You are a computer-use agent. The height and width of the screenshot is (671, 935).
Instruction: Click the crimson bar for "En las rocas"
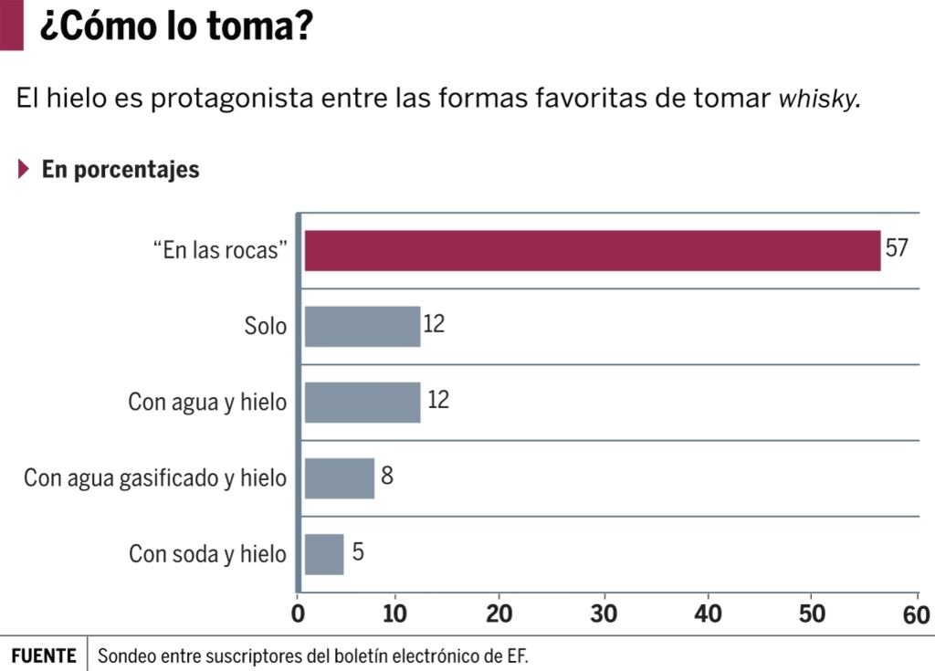click(x=592, y=251)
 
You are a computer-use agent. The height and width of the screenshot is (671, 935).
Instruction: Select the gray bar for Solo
click(x=362, y=326)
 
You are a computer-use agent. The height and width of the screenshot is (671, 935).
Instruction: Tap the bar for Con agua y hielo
click(x=362, y=402)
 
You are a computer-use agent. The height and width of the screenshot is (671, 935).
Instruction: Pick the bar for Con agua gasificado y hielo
click(x=339, y=477)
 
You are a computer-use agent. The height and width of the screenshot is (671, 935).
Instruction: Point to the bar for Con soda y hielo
click(x=324, y=554)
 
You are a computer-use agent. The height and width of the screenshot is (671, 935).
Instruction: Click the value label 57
click(x=897, y=247)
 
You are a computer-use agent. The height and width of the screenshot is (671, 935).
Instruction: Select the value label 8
click(x=387, y=476)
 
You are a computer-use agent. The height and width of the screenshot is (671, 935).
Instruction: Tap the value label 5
click(x=358, y=552)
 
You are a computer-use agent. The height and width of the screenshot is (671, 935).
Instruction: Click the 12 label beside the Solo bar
click(x=434, y=324)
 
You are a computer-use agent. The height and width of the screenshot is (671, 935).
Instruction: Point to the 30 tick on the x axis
click(x=604, y=614)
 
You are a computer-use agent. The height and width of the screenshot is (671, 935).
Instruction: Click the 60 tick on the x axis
click(x=916, y=614)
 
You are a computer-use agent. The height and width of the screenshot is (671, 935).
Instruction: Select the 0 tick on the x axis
click(x=299, y=614)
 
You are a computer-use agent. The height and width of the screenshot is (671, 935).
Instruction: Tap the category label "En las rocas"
click(x=215, y=251)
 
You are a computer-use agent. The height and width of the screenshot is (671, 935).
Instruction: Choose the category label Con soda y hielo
click(x=207, y=554)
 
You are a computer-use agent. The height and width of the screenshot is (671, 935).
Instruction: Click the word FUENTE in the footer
click(x=44, y=655)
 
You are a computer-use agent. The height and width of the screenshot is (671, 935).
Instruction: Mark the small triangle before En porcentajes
click(x=25, y=169)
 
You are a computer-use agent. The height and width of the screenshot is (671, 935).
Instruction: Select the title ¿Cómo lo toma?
click(x=175, y=26)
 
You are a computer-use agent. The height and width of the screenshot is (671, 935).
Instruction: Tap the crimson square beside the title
click(x=11, y=25)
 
